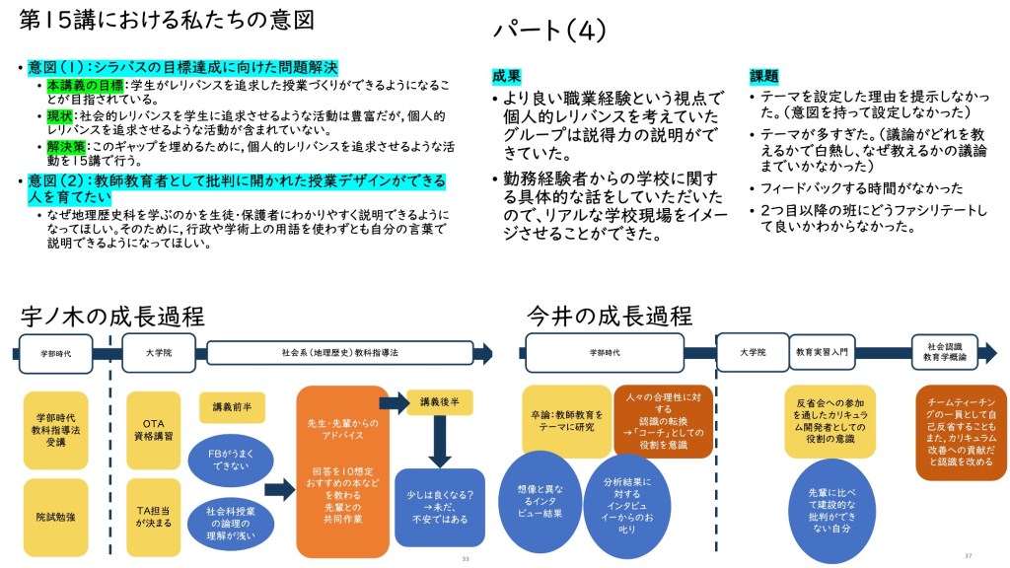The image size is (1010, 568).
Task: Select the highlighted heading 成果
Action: tap(507, 76)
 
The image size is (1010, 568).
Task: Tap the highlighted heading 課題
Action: tap(763, 76)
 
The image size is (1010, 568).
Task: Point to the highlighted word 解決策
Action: tap(67, 147)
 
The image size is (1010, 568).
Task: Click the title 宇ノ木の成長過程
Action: tap(112, 317)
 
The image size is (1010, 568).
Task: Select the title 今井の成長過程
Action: tap(609, 317)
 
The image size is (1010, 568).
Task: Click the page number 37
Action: tap(968, 556)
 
